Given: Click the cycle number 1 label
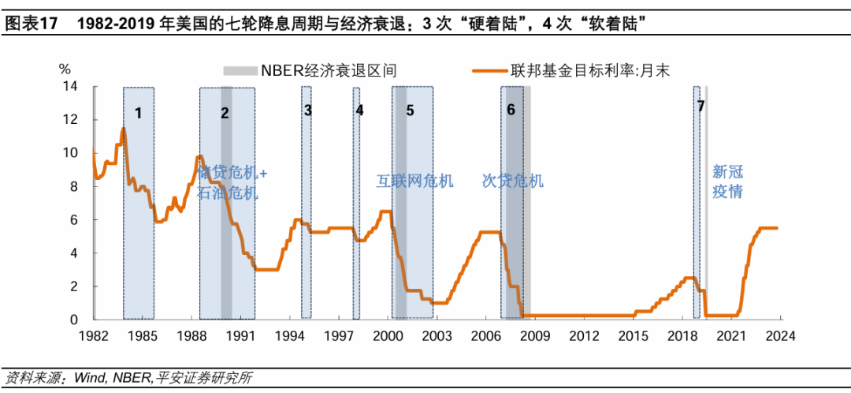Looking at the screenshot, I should point(138,113).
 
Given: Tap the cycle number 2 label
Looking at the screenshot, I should point(225,113).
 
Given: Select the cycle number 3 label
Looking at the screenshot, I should point(307,110).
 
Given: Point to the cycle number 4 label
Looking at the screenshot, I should point(359,110).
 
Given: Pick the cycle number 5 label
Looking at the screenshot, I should point(410,110).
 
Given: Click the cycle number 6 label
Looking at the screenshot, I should point(511,110).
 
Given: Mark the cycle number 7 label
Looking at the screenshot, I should point(700,105).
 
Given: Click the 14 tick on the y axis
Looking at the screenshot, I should point(70,86).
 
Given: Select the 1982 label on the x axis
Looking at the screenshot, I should point(93,335).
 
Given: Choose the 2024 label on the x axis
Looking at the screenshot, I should point(780,335).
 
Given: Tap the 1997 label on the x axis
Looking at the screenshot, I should point(339,335).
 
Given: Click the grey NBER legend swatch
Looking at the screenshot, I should point(240,71).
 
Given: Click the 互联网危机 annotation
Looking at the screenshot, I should point(414,182).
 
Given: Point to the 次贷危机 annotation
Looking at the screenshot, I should point(513,182).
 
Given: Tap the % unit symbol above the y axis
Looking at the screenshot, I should point(65,69).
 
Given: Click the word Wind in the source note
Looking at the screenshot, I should point(89,377).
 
